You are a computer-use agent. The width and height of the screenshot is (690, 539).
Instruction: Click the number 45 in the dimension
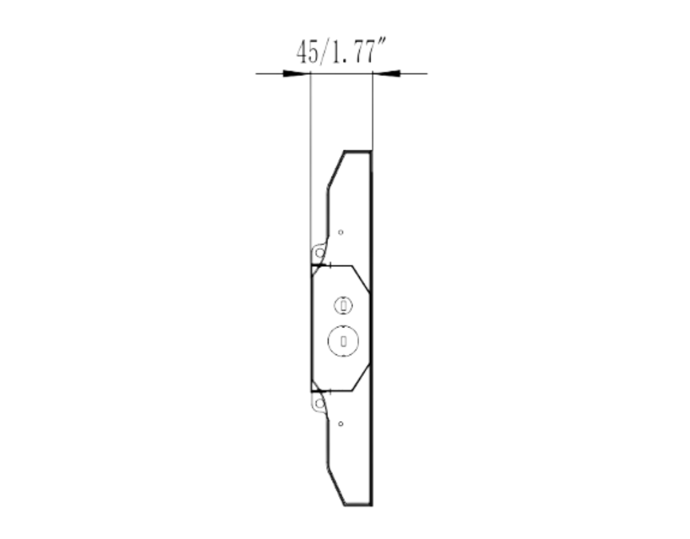(x=307, y=52)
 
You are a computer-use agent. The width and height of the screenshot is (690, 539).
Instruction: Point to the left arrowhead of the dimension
(x=296, y=73)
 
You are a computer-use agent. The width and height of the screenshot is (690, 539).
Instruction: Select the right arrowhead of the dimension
(x=386, y=73)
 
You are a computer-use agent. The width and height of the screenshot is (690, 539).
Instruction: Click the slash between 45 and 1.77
(x=325, y=52)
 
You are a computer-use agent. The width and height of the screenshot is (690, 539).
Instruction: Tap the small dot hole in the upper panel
(x=340, y=232)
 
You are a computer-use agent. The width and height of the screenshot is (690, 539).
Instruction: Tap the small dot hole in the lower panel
(x=340, y=424)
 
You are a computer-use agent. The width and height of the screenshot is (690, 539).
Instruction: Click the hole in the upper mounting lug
(x=320, y=253)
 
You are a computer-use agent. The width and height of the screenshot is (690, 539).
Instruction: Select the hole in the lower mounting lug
(x=320, y=404)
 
